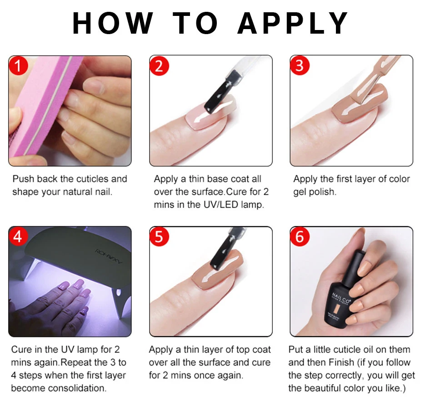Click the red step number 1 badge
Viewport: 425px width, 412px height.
(19, 66)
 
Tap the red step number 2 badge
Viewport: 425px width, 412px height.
(160, 66)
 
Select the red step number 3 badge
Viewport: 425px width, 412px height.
(300, 66)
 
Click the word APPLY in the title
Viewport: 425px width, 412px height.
(293, 23)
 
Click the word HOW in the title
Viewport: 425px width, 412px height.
(113, 23)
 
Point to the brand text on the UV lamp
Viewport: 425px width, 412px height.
(109, 257)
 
